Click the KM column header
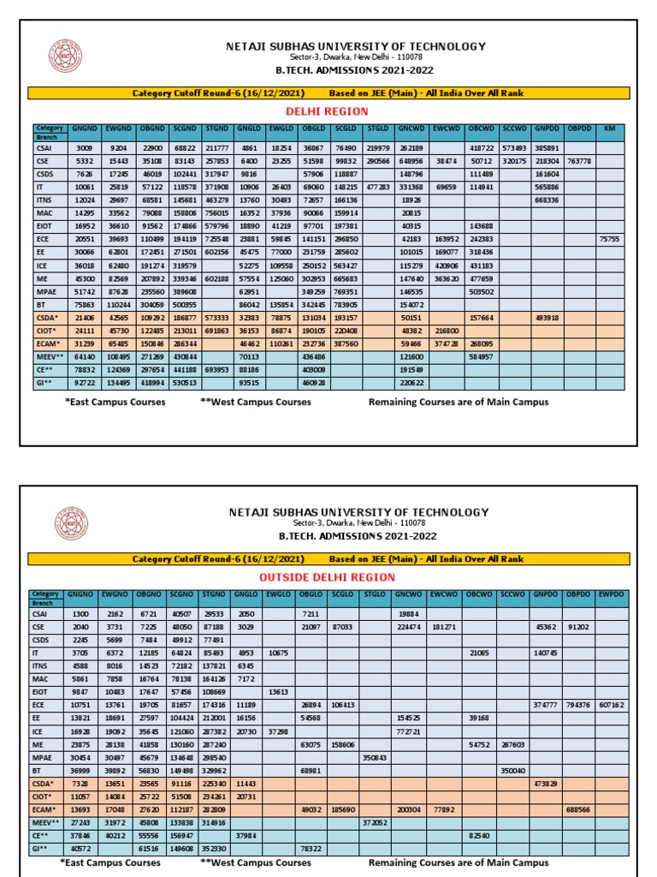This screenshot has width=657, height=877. (609, 128)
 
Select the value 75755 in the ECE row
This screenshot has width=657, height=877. (609, 239)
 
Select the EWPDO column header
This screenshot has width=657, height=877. (611, 594)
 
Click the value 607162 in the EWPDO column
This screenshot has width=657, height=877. (611, 704)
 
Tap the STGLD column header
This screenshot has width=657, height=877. (377, 128)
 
